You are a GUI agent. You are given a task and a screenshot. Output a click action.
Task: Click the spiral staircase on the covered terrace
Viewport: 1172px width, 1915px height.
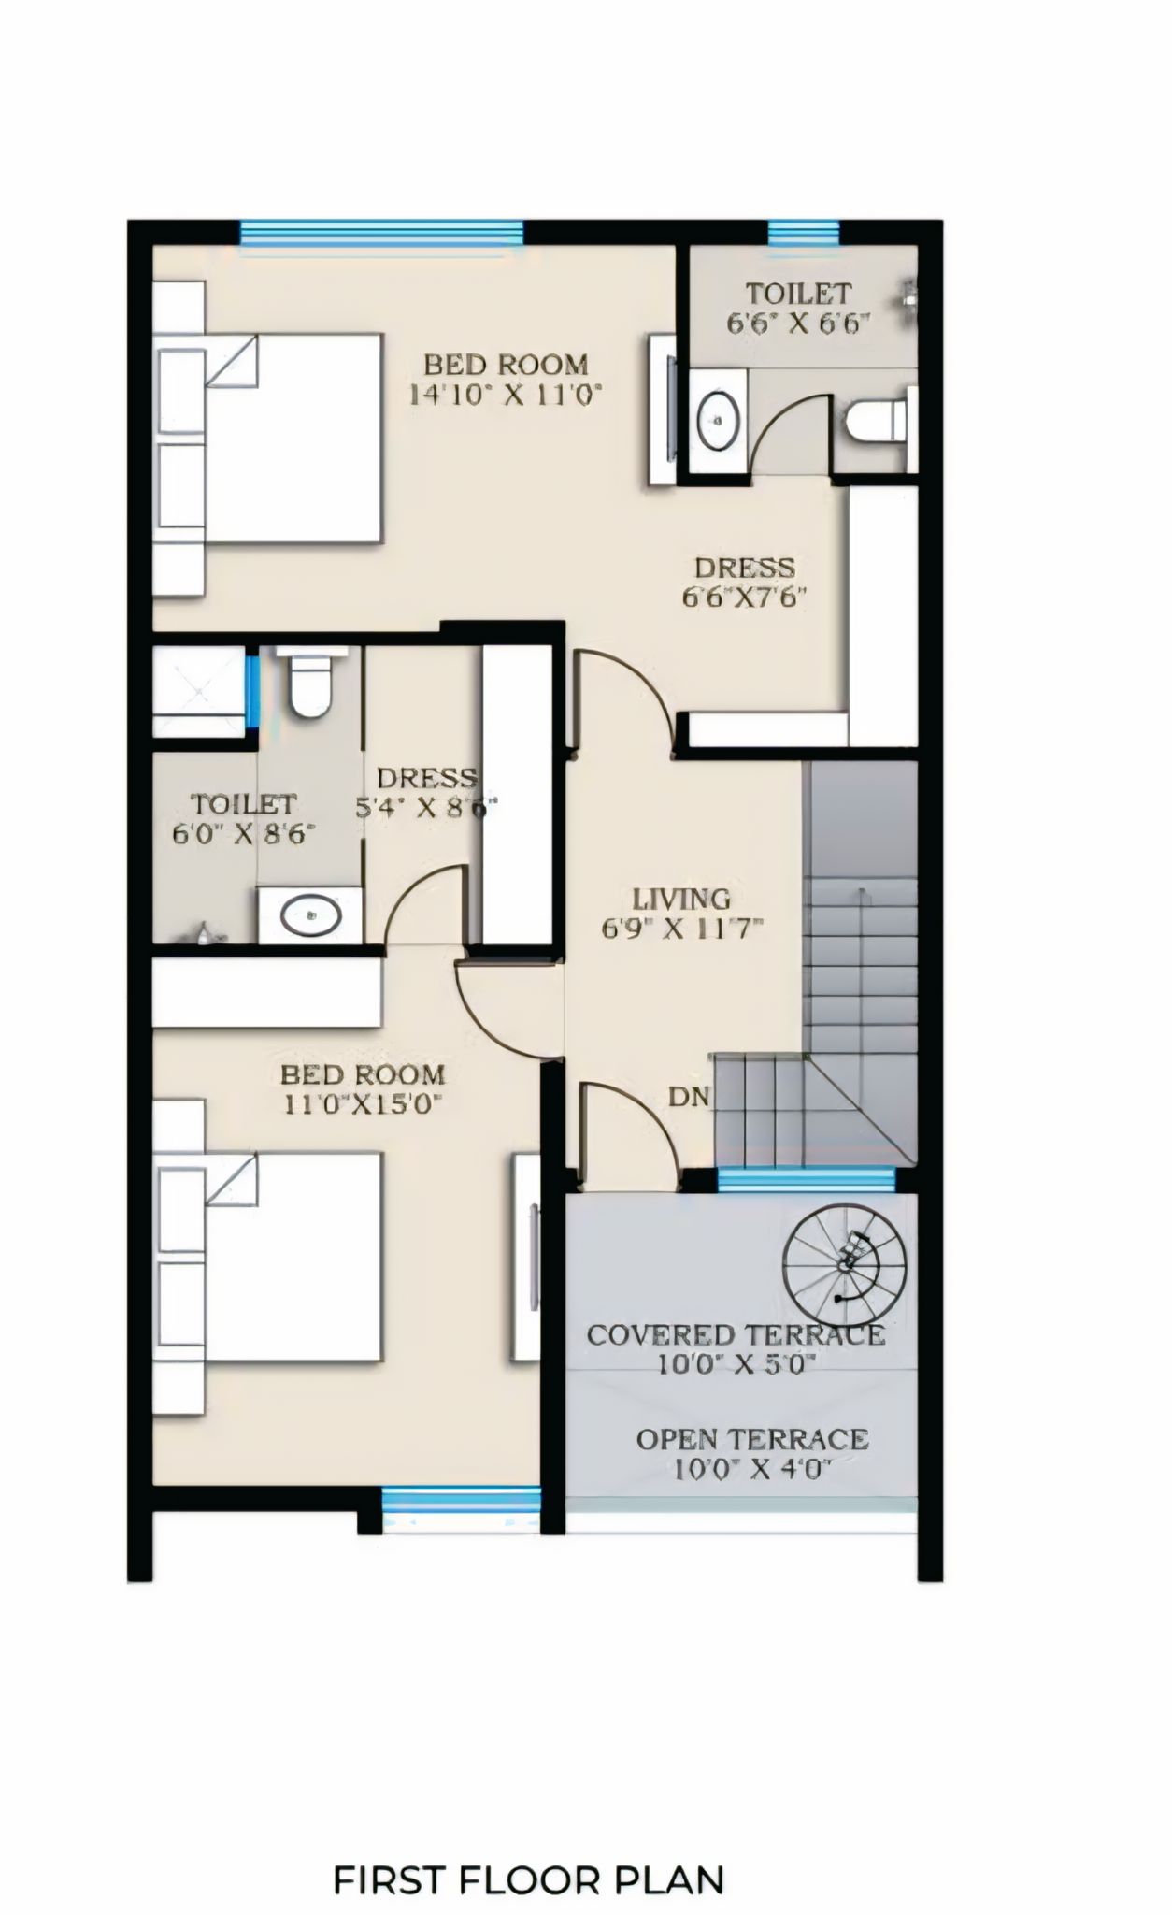point(844,1262)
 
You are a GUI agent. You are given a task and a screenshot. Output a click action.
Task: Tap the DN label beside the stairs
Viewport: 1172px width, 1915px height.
point(690,1097)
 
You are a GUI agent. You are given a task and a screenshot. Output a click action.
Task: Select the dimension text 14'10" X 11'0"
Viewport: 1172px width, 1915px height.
point(504,393)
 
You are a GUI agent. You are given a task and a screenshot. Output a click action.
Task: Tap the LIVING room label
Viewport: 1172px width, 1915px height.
point(681,900)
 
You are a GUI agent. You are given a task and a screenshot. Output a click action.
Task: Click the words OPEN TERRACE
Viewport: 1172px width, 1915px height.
point(752,1439)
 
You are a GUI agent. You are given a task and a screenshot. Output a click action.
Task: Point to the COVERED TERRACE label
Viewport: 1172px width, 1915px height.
point(735,1334)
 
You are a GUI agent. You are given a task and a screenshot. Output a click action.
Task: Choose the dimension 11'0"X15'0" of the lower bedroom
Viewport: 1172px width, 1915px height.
point(361,1103)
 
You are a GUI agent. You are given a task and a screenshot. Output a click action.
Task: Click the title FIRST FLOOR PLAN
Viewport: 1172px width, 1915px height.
point(528,1853)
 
